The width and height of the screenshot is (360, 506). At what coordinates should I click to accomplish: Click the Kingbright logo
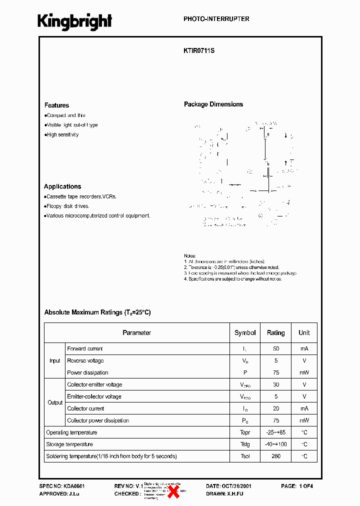(x=74, y=21)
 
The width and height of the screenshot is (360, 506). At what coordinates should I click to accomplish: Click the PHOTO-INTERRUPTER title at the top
(x=216, y=19)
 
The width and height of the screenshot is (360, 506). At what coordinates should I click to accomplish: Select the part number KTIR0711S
(x=199, y=50)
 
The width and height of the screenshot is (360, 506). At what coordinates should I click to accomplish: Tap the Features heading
(x=56, y=105)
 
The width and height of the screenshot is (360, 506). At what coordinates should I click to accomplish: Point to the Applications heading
(x=62, y=186)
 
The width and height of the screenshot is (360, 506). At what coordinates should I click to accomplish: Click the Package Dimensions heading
(x=213, y=104)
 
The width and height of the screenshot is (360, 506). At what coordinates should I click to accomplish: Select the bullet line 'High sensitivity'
(x=62, y=134)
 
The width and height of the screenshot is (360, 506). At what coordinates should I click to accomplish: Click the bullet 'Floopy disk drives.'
(x=67, y=206)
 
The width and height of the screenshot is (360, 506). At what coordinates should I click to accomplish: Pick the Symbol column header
(x=245, y=332)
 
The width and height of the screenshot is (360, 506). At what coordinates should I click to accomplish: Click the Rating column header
(x=275, y=332)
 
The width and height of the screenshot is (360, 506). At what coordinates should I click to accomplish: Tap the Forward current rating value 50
(x=276, y=348)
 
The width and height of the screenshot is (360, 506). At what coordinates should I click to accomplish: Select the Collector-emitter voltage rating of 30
(x=276, y=384)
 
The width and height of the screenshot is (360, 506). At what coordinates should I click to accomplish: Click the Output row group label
(x=55, y=402)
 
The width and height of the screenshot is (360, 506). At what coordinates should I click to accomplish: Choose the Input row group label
(x=54, y=360)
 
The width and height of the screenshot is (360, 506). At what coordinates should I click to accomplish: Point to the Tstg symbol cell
(x=245, y=444)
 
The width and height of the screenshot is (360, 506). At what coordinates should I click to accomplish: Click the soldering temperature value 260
(x=276, y=456)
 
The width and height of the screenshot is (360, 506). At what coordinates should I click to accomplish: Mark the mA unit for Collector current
(x=304, y=408)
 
